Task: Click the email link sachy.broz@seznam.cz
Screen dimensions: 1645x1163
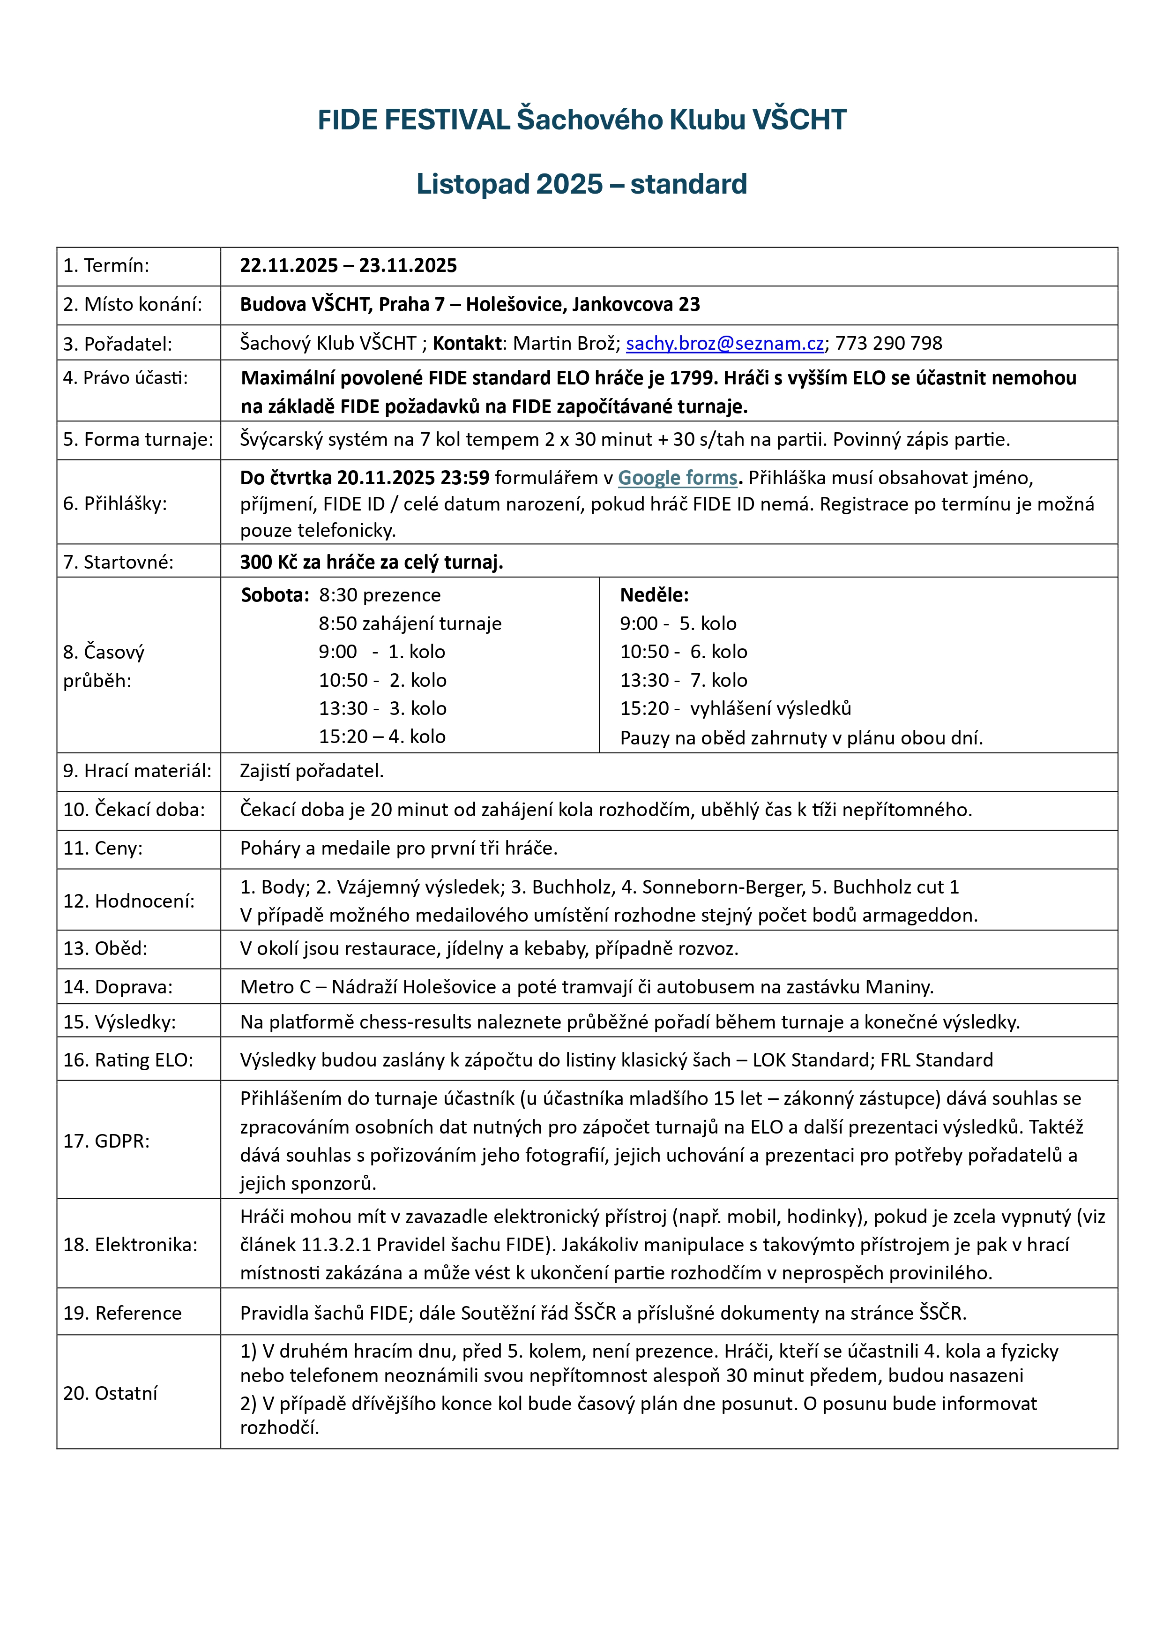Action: click(x=725, y=344)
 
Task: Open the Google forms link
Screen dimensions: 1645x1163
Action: click(x=678, y=478)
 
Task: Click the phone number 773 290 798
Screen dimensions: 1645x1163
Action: click(x=889, y=344)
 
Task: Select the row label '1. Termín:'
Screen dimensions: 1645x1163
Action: click(x=106, y=266)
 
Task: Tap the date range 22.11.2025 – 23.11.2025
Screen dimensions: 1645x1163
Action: click(x=348, y=266)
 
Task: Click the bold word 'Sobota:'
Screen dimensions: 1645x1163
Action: click(x=275, y=595)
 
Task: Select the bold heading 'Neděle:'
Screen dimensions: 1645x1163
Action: click(x=654, y=595)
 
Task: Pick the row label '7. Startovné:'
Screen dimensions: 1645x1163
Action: click(x=118, y=563)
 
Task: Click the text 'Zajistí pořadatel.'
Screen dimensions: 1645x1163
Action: click(x=312, y=771)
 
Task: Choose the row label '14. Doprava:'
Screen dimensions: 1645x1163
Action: click(x=118, y=987)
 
